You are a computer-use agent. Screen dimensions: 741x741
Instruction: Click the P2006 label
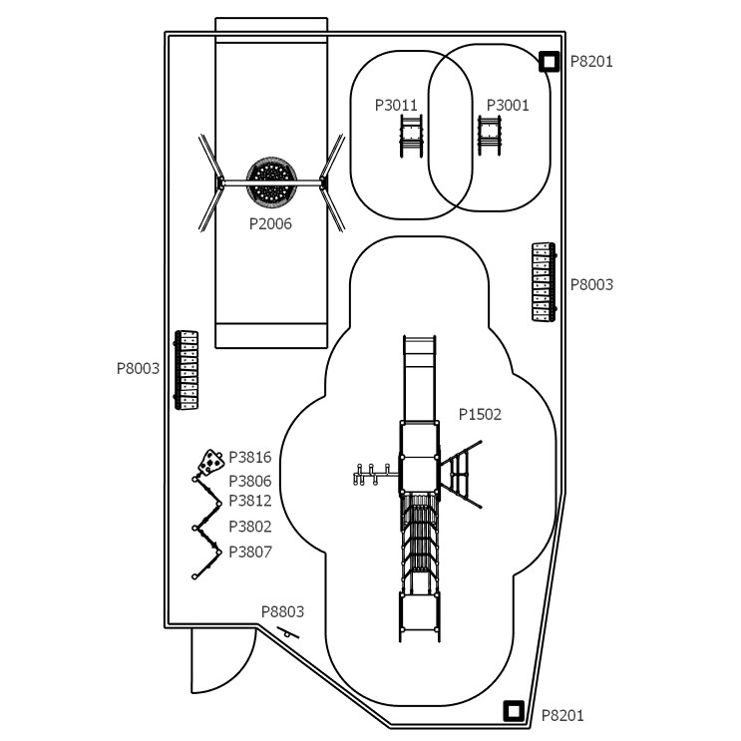coord(270,223)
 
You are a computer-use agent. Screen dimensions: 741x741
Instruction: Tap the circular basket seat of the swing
coord(271,181)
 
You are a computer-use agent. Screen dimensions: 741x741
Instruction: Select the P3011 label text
coord(396,105)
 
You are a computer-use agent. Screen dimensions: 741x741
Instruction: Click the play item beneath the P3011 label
coord(411,136)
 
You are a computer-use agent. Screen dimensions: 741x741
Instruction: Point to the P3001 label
coord(508,105)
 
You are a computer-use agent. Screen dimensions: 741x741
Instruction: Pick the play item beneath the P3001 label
coord(489,136)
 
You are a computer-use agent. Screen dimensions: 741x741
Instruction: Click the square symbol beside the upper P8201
coord(550,62)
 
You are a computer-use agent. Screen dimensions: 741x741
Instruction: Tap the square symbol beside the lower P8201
coord(514,711)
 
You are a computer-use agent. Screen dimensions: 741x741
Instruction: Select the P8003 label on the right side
coord(591,284)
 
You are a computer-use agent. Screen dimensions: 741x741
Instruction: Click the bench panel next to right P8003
coord(544,282)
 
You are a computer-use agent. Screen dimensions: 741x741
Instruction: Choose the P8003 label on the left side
coord(138,368)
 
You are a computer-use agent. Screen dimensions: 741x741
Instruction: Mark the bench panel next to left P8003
coord(186,370)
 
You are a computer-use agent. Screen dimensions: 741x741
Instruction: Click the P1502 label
coord(480,414)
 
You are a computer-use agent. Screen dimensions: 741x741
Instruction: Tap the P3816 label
coord(250,457)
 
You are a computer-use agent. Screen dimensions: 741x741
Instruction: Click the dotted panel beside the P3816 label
coord(210,462)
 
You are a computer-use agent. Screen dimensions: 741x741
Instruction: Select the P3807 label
coord(250,552)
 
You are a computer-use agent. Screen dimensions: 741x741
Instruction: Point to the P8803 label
coord(282,611)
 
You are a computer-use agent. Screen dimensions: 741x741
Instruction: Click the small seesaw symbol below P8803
coord(288,632)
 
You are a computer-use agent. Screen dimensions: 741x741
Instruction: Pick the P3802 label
coord(250,526)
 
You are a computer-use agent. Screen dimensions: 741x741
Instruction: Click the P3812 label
coord(250,500)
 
